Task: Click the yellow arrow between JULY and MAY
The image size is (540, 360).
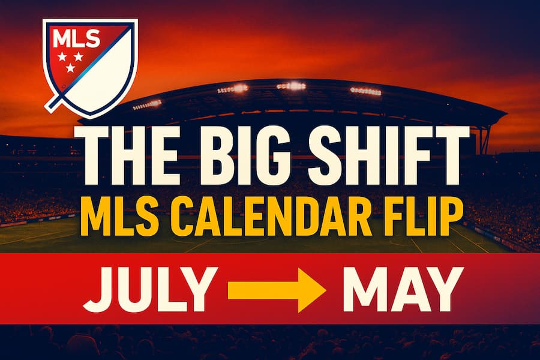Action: [277, 289]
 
